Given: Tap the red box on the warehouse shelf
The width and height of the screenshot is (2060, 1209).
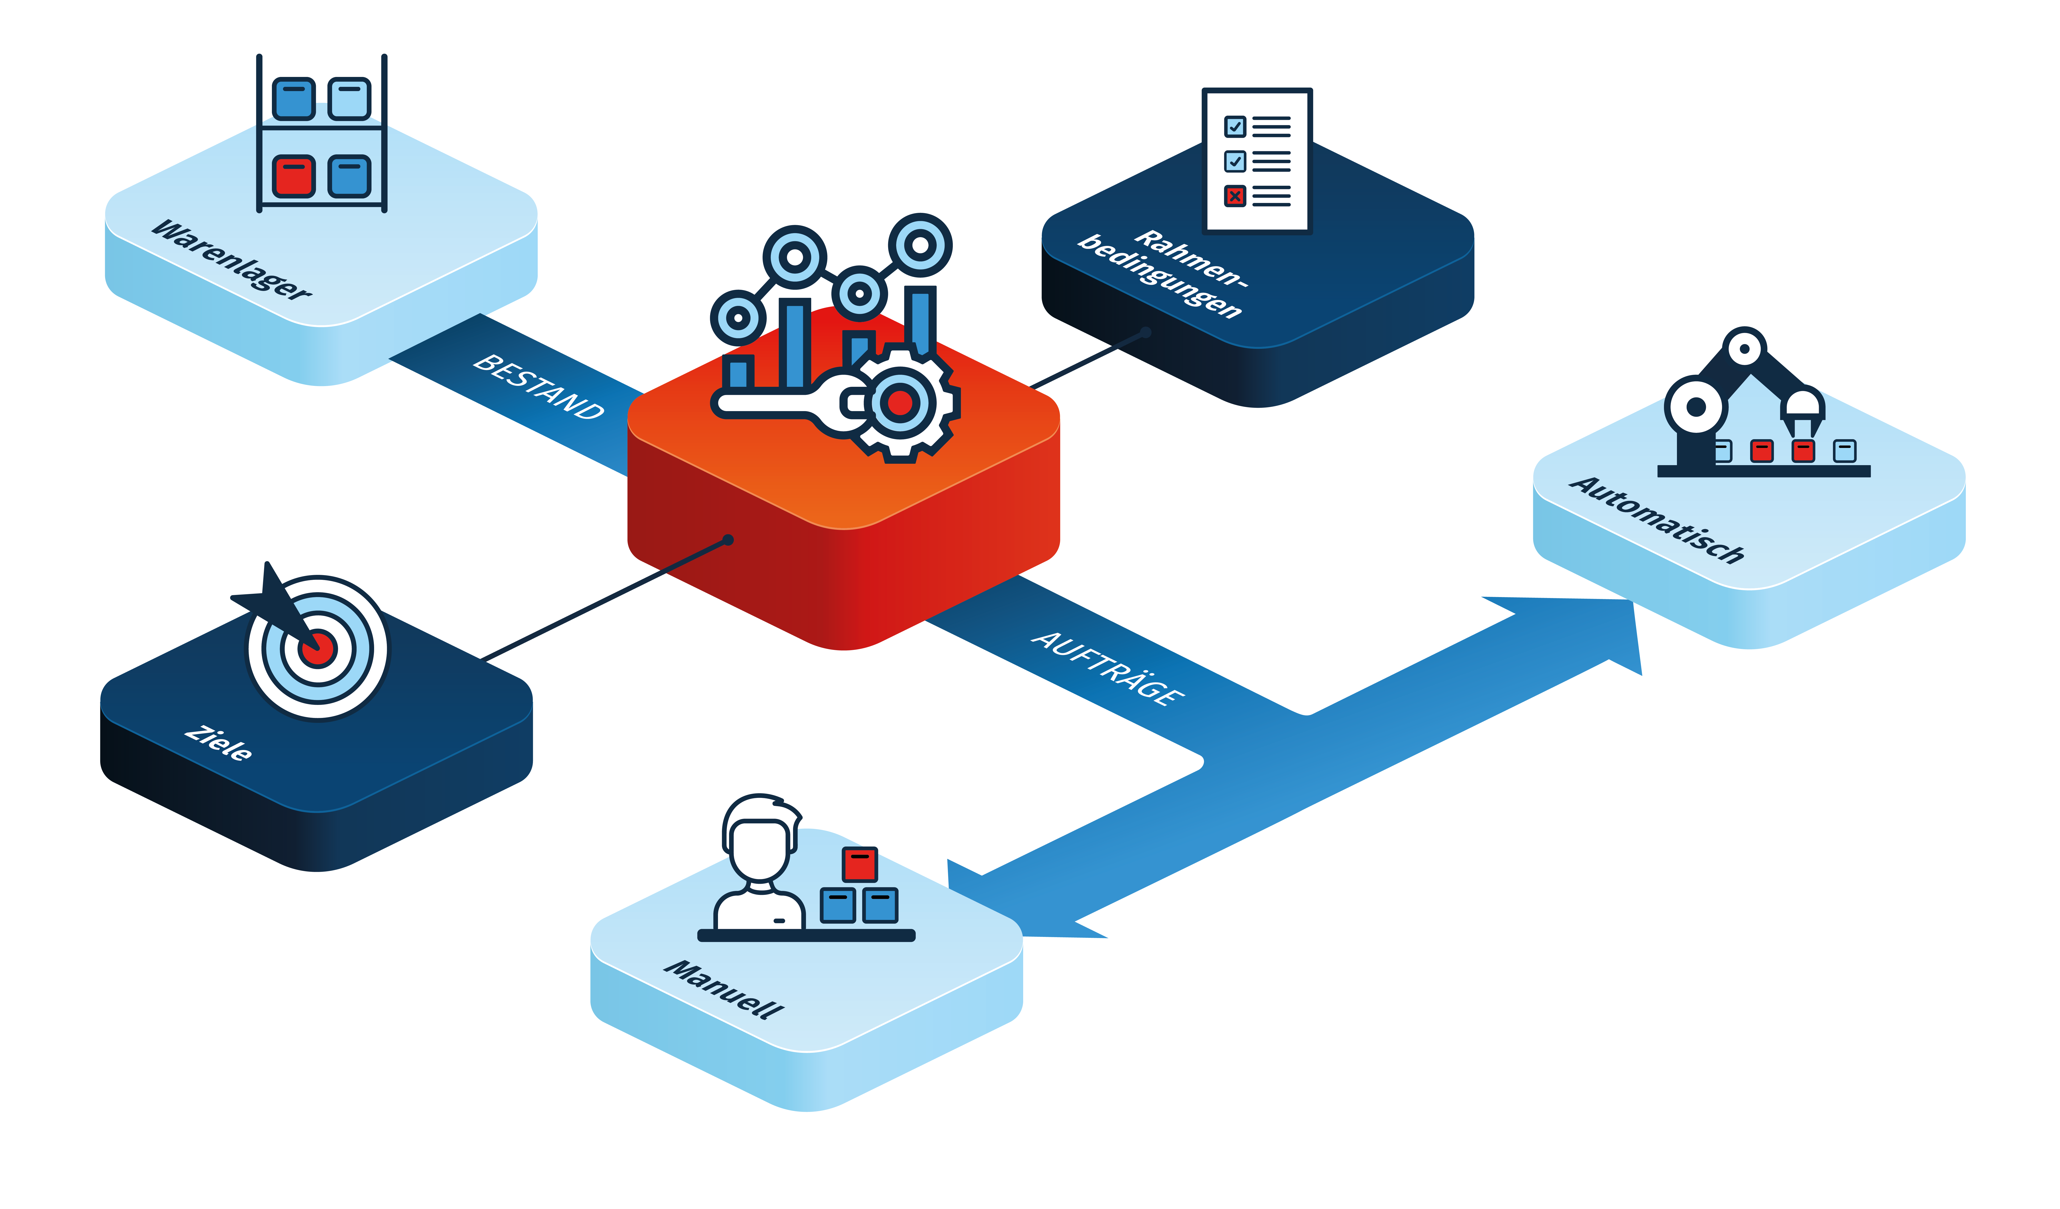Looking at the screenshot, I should (x=293, y=176).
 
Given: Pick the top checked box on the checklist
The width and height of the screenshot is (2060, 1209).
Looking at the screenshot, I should (x=1234, y=127).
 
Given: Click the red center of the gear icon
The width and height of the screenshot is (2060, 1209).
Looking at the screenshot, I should (x=900, y=403).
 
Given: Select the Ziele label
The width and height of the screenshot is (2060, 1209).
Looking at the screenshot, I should (x=218, y=743).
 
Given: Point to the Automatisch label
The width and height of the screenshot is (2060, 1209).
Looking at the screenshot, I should (x=1657, y=520).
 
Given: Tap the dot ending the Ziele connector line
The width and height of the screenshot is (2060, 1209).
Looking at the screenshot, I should (x=728, y=539).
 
